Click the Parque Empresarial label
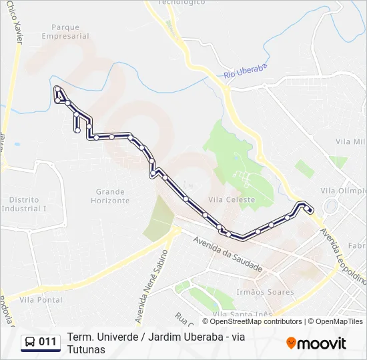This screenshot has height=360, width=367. (x=65, y=32)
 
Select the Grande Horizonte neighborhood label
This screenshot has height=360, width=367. (x=110, y=196)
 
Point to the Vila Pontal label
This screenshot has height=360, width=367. (x=41, y=300)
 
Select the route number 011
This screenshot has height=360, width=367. (x=47, y=342)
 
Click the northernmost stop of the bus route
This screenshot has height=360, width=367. (x=58, y=89)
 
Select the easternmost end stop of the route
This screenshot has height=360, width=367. (x=310, y=210)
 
